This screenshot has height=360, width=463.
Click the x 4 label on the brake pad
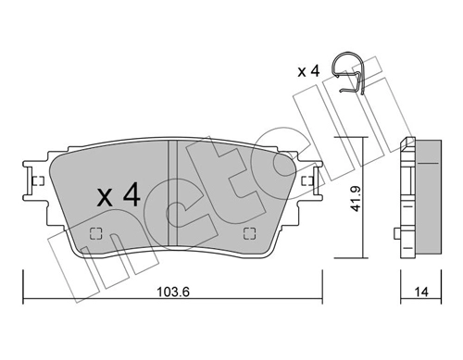coord(119,195)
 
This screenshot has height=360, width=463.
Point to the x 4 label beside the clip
coord(309,71)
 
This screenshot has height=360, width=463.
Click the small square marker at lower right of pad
coord(248,233)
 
